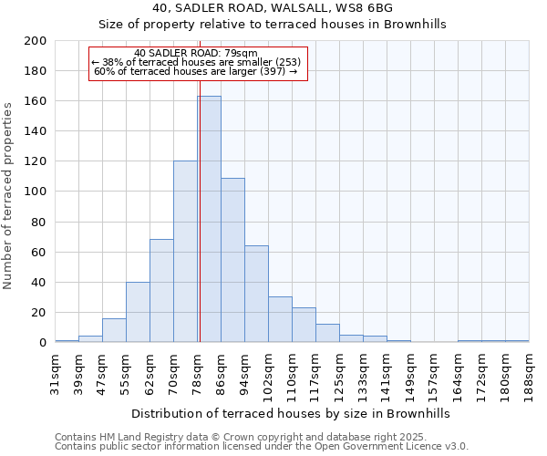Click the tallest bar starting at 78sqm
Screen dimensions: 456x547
pyautogui.click(x=209, y=219)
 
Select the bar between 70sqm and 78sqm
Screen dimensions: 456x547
pyautogui.click(x=185, y=252)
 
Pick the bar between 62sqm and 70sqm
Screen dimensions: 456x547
pyautogui.click(x=161, y=291)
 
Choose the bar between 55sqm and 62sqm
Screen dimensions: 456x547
pyautogui.click(x=138, y=312)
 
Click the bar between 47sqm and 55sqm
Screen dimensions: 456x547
pyautogui.click(x=114, y=330)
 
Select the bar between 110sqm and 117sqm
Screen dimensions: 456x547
pyautogui.click(x=304, y=325)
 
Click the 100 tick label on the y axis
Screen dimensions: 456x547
pyautogui.click(x=36, y=192)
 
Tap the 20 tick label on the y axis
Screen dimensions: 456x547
pyautogui.click(x=39, y=312)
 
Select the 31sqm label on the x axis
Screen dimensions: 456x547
pyautogui.click(x=56, y=371)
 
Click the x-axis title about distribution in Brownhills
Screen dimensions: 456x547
pyautogui.click(x=291, y=413)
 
